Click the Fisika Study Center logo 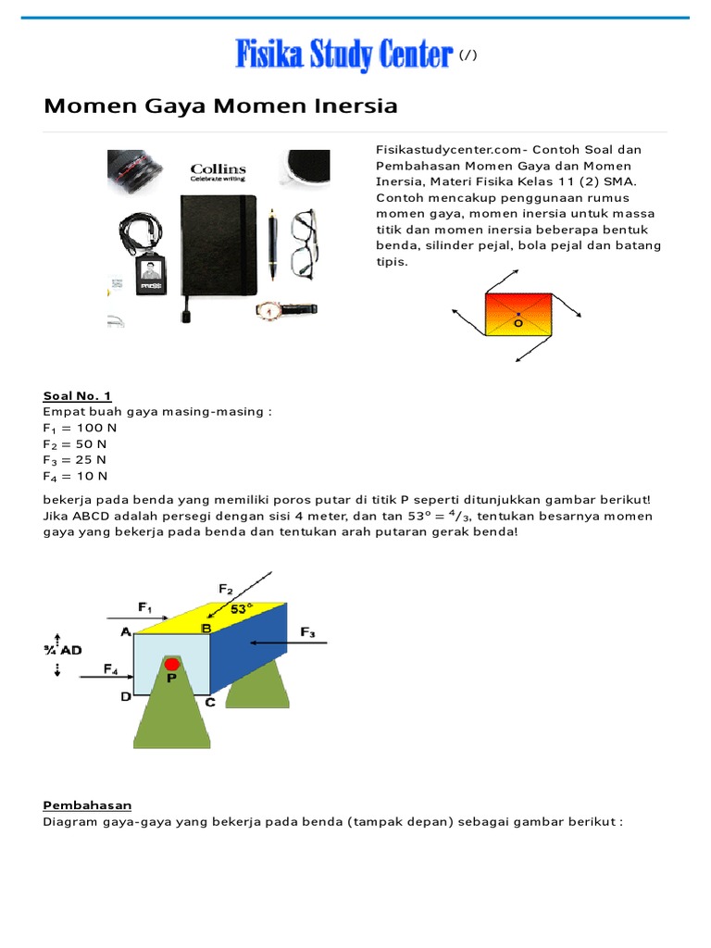[343, 55]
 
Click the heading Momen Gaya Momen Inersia [220, 106]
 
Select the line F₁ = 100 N [80, 428]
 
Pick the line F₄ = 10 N [75, 476]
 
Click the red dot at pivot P [171, 664]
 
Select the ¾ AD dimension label [63, 650]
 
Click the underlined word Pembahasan [87, 805]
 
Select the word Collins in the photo [218, 169]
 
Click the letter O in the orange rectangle [518, 324]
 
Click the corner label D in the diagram [126, 697]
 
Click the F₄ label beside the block [111, 667]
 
